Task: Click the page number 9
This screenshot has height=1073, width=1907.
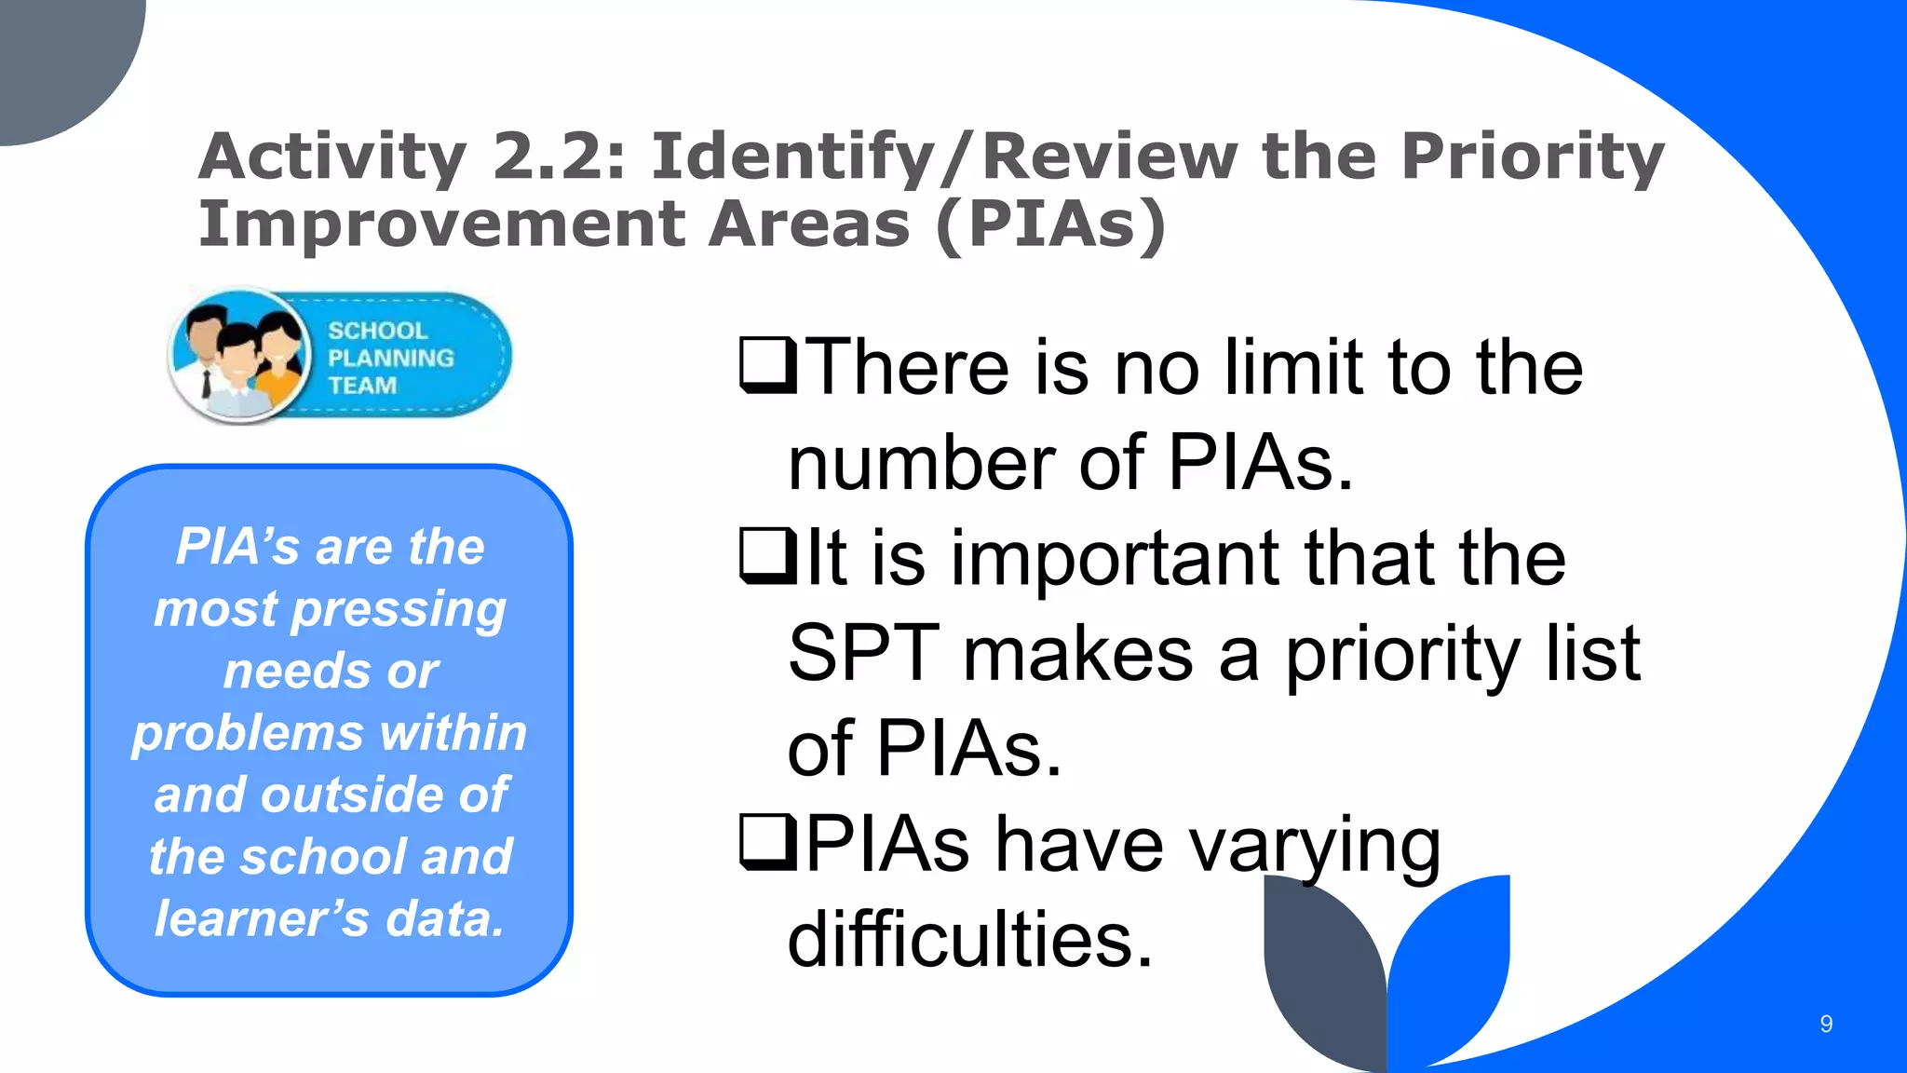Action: point(1826,1025)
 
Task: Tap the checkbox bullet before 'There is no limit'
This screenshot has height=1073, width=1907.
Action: point(767,366)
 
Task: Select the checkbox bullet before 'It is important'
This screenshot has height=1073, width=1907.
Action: point(767,556)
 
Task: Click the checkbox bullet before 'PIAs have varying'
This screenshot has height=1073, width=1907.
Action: point(767,842)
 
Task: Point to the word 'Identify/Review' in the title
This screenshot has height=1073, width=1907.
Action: point(945,156)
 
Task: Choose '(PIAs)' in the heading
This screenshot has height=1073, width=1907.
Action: point(1050,225)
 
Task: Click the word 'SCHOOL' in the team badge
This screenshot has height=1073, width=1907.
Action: point(377,331)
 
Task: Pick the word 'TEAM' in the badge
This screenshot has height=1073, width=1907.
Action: point(362,386)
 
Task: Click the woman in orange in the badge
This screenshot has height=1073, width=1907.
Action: point(281,363)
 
